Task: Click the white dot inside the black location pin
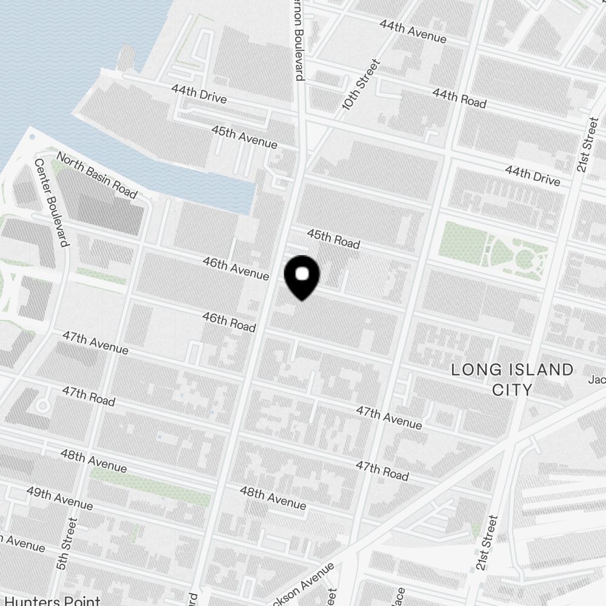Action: coord(302,275)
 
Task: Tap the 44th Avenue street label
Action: coord(413,32)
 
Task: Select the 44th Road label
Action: coord(459,98)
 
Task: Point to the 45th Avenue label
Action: coord(244,137)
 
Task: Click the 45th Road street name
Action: coord(333,239)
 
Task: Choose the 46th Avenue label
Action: coord(235,267)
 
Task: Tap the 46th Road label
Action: coord(228,322)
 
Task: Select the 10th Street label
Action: coord(361,84)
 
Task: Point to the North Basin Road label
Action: coord(96,175)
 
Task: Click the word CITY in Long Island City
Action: coord(512,389)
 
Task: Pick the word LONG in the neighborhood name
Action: coord(476,370)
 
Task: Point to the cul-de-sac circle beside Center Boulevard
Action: coord(42,405)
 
